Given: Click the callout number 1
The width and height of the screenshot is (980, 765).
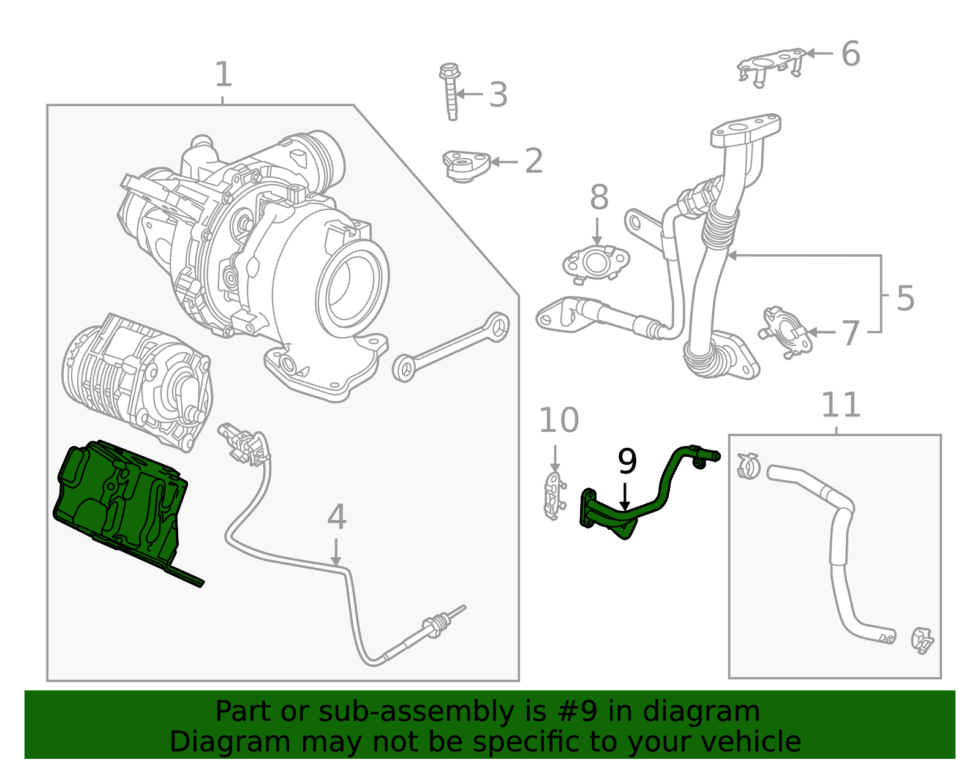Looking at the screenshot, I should click(x=224, y=75).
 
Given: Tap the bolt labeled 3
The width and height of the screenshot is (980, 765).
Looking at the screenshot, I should click(x=450, y=92).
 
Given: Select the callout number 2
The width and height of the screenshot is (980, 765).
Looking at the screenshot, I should click(x=533, y=161).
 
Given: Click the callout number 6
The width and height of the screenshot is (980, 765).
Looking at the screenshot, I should click(x=850, y=54).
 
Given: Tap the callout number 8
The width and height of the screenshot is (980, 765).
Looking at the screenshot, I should click(x=599, y=198).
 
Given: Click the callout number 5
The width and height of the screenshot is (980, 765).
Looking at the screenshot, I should click(x=905, y=298).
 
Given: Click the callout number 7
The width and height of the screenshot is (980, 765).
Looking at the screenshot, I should click(x=850, y=334).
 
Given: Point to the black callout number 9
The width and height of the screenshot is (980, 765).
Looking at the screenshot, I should click(x=627, y=462).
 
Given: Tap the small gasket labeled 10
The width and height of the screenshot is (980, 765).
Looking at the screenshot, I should click(x=553, y=496).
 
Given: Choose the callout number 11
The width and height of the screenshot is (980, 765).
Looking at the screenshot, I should click(x=840, y=405).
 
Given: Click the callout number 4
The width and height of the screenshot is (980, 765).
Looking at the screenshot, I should click(x=336, y=517).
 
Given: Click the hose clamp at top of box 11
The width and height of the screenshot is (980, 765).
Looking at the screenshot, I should click(x=748, y=466).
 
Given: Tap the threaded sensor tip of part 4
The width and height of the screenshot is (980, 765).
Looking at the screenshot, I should click(x=440, y=625).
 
